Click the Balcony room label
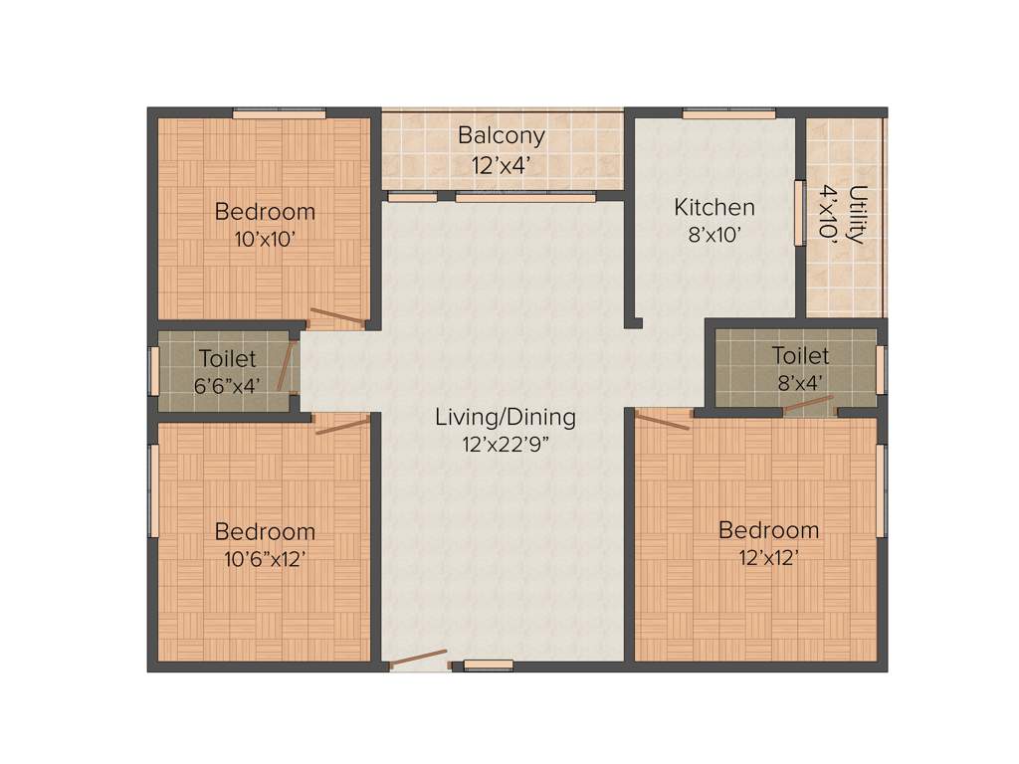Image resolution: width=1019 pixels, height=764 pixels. pos(502,135)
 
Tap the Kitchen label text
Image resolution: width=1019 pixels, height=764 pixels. pos(714,207)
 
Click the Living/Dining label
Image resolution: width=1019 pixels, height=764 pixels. pos(506,417)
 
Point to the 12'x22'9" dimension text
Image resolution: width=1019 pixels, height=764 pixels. pos(506,445)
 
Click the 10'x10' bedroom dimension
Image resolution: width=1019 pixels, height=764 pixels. pos(265,239)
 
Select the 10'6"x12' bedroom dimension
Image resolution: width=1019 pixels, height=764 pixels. pos(265,558)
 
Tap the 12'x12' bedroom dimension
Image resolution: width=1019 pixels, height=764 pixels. pos(768,557)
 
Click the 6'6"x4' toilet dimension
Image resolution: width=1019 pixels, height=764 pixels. pos(228,385)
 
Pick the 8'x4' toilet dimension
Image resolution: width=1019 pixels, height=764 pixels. pos(800,381)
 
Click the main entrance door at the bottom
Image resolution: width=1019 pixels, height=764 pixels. pos(418,660)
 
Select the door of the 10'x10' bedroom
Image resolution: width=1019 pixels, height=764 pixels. pos(336,318)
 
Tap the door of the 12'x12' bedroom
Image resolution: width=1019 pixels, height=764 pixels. pos(662,421)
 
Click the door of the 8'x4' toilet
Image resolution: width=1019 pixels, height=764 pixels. pos(808,404)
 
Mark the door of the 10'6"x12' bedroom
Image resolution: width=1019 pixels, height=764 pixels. pos(342,425)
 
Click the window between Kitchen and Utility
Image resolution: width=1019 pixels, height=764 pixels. pos(799,212)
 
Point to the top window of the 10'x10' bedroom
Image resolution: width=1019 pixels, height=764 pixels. pos(280,113)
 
